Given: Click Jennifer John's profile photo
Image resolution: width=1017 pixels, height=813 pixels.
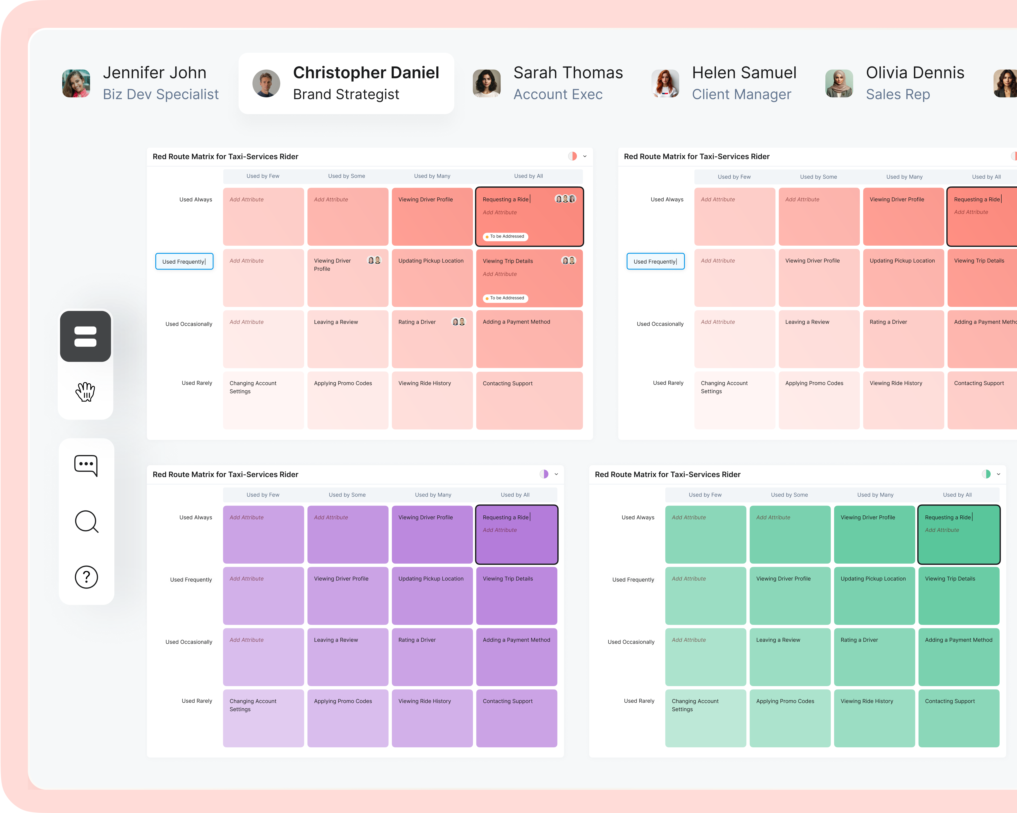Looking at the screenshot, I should (x=76, y=84).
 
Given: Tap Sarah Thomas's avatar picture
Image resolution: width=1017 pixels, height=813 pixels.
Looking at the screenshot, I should (x=486, y=84).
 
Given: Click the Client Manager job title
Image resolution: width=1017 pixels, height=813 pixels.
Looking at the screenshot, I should (x=741, y=94).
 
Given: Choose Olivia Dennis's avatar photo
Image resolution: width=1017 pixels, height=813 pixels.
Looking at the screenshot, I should (x=839, y=84).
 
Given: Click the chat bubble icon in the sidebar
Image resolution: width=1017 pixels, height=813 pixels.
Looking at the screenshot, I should (x=86, y=465).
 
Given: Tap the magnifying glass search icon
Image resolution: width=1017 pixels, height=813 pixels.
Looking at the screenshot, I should (x=86, y=521).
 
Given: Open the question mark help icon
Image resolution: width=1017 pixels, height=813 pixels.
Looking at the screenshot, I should (x=86, y=577).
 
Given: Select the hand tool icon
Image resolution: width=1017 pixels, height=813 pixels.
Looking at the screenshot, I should (x=85, y=392).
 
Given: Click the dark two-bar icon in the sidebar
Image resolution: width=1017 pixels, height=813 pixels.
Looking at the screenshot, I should (x=85, y=337).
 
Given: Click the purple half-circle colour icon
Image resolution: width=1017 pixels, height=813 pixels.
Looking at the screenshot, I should (x=544, y=474).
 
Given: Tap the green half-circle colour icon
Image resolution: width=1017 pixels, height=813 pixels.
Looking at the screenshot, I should (x=986, y=474).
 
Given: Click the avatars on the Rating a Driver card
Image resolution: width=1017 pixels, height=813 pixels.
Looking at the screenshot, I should (x=458, y=322).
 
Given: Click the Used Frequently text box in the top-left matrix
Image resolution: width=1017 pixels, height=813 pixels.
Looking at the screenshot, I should (x=184, y=261).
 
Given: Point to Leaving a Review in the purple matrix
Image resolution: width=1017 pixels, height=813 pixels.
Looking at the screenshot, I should (x=336, y=640).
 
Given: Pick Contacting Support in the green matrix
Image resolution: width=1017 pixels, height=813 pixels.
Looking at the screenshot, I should (x=950, y=701).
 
